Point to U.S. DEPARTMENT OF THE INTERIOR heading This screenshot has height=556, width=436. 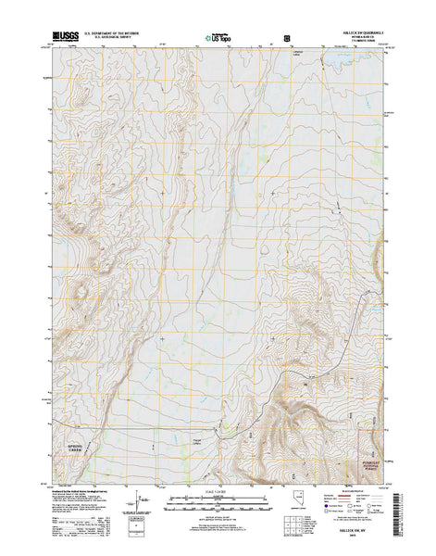click(115, 33)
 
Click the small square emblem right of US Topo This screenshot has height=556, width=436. click(286, 38)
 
